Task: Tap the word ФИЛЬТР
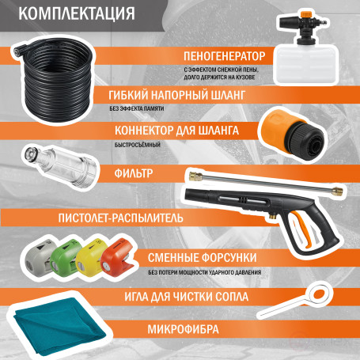(131, 172)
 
